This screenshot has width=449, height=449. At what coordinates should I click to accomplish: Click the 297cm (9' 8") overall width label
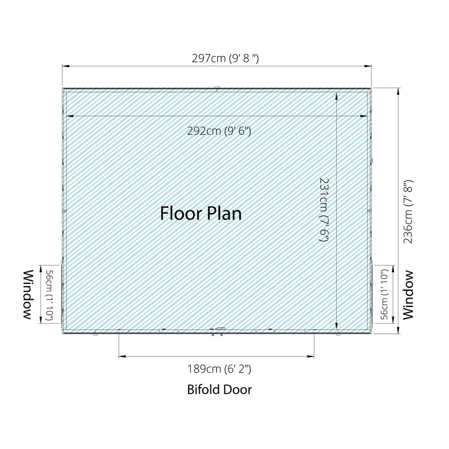(x=225, y=58)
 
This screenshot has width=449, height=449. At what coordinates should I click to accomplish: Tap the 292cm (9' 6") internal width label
(x=219, y=131)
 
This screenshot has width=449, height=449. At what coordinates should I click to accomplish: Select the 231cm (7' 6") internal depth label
(x=324, y=210)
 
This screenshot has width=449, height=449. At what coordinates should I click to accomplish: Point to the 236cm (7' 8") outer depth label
(x=408, y=212)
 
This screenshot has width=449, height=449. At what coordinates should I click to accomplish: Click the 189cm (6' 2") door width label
(x=219, y=369)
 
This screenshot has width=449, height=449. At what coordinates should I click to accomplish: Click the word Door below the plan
(x=237, y=390)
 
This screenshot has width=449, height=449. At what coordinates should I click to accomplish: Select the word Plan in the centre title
(x=224, y=214)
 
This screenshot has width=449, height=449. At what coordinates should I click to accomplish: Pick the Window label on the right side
(x=409, y=295)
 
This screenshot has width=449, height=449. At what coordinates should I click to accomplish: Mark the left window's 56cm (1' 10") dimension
(x=49, y=295)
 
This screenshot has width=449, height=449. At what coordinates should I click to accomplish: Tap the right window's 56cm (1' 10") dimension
(x=384, y=295)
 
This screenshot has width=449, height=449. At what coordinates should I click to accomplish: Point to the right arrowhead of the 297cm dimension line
(x=368, y=66)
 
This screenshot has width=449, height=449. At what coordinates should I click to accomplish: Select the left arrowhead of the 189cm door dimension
(x=122, y=356)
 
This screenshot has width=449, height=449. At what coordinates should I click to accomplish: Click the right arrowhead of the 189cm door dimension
(x=310, y=356)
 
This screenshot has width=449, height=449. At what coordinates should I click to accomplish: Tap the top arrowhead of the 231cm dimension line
(x=336, y=96)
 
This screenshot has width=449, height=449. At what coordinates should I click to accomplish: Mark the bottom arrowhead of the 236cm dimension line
(x=398, y=329)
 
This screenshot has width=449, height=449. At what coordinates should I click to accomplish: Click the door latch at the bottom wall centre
(x=221, y=329)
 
